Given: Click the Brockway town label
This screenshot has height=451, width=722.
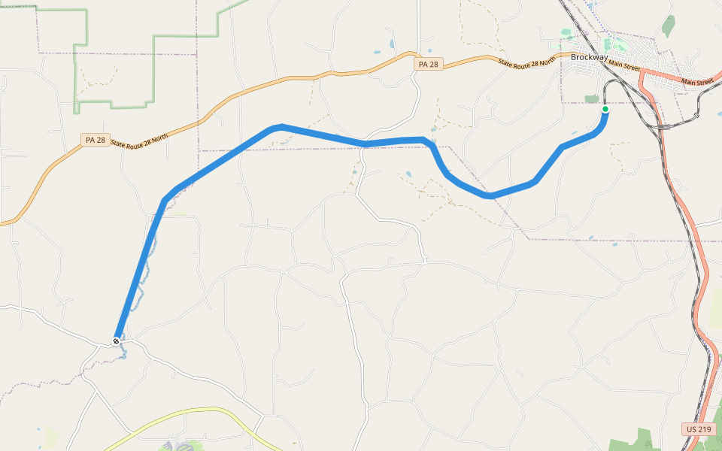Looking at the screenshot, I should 589,57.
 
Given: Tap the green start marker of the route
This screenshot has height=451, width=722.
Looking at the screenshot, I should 605,110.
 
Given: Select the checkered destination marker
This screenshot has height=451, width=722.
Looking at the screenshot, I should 117,342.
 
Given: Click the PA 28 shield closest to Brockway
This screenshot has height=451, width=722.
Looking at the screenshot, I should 426,65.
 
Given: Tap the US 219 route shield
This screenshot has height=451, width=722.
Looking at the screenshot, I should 698,429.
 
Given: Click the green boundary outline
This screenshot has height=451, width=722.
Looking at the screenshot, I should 154,68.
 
